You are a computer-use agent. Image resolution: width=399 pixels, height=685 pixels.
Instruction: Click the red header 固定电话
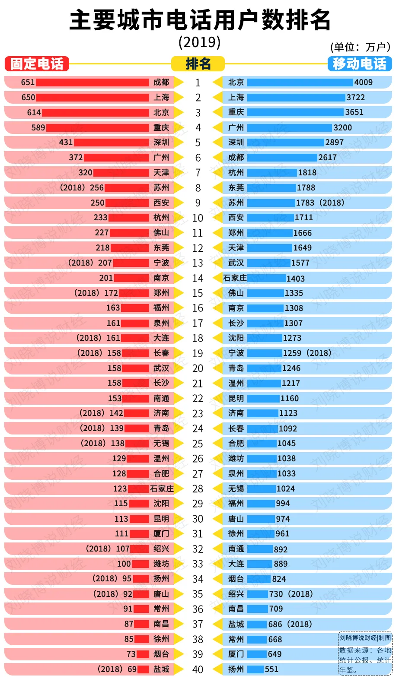coord(37,64)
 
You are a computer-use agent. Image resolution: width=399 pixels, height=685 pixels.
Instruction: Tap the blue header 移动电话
coord(359,64)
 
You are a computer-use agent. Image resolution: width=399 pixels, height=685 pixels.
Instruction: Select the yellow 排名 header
coord(198,64)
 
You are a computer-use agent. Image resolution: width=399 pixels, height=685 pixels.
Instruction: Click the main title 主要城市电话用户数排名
coord(200,20)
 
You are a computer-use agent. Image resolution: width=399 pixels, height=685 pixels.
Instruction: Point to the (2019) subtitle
coord(200,42)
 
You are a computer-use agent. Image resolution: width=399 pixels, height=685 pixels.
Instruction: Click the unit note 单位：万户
coord(360,47)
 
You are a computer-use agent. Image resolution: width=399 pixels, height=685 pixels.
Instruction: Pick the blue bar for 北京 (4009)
coord(300,82)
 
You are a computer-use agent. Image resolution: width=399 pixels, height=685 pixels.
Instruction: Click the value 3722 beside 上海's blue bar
coord(356,98)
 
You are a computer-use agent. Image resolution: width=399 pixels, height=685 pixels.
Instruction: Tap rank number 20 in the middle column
coord(198,368)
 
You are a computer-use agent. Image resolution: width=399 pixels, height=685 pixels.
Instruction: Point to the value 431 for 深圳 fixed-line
coord(66,143)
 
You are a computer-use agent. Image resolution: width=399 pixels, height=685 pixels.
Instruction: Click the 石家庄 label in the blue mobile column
coord(235,278)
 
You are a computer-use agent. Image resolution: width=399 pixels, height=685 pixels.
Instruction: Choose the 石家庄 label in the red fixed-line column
coord(162,488)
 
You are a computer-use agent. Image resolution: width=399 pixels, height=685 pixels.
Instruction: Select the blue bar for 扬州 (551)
coord(255,669)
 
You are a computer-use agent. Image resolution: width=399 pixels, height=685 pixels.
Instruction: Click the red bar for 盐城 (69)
coord(143,669)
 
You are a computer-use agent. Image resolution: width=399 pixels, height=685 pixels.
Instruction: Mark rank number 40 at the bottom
coord(198,669)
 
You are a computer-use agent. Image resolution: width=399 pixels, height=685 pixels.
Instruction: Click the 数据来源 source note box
coord(365,655)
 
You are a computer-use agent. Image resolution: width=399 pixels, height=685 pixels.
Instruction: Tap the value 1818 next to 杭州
coord(307,173)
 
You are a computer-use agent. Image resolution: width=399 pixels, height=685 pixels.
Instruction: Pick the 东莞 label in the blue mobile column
coord(236,188)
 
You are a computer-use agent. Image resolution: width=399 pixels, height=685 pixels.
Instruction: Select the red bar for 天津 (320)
coord(121,173)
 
